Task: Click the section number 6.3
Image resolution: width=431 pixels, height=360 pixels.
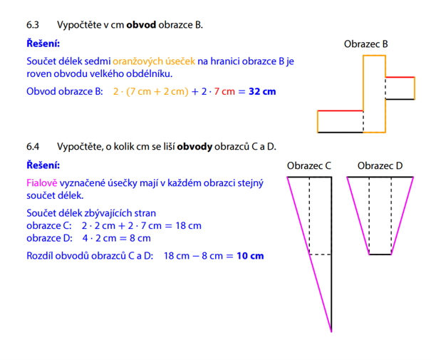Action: [x=33, y=25]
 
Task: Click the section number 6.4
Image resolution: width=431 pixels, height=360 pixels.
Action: [x=33, y=147]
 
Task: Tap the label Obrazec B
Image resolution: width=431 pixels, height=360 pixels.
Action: [x=366, y=44]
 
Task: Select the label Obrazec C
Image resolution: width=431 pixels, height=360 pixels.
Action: [x=309, y=165]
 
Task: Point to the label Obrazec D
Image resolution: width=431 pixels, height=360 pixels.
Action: [x=380, y=165]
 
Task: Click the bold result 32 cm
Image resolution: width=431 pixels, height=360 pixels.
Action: [x=262, y=91]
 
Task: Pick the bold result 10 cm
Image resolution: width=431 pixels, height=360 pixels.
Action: [x=250, y=256]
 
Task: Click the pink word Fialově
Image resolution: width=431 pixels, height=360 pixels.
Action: [x=42, y=183]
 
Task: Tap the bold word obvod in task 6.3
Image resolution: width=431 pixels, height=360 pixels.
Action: [x=141, y=25]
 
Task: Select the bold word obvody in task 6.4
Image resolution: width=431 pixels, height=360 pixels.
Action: [x=194, y=147]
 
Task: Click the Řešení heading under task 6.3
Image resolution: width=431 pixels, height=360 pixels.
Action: [x=43, y=43]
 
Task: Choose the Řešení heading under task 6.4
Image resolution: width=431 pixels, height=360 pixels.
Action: [x=43, y=165]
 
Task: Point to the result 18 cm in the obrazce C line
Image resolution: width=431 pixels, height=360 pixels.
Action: [x=189, y=225]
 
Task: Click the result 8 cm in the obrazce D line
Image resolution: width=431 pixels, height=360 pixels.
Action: [x=140, y=238]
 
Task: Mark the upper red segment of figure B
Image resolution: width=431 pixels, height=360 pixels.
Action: [x=400, y=77]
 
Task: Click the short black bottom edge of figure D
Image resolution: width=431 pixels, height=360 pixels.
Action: [x=380, y=254]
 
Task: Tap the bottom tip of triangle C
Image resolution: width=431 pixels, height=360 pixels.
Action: [x=331, y=331]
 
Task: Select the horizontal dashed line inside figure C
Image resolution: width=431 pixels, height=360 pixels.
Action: [x=321, y=254]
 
